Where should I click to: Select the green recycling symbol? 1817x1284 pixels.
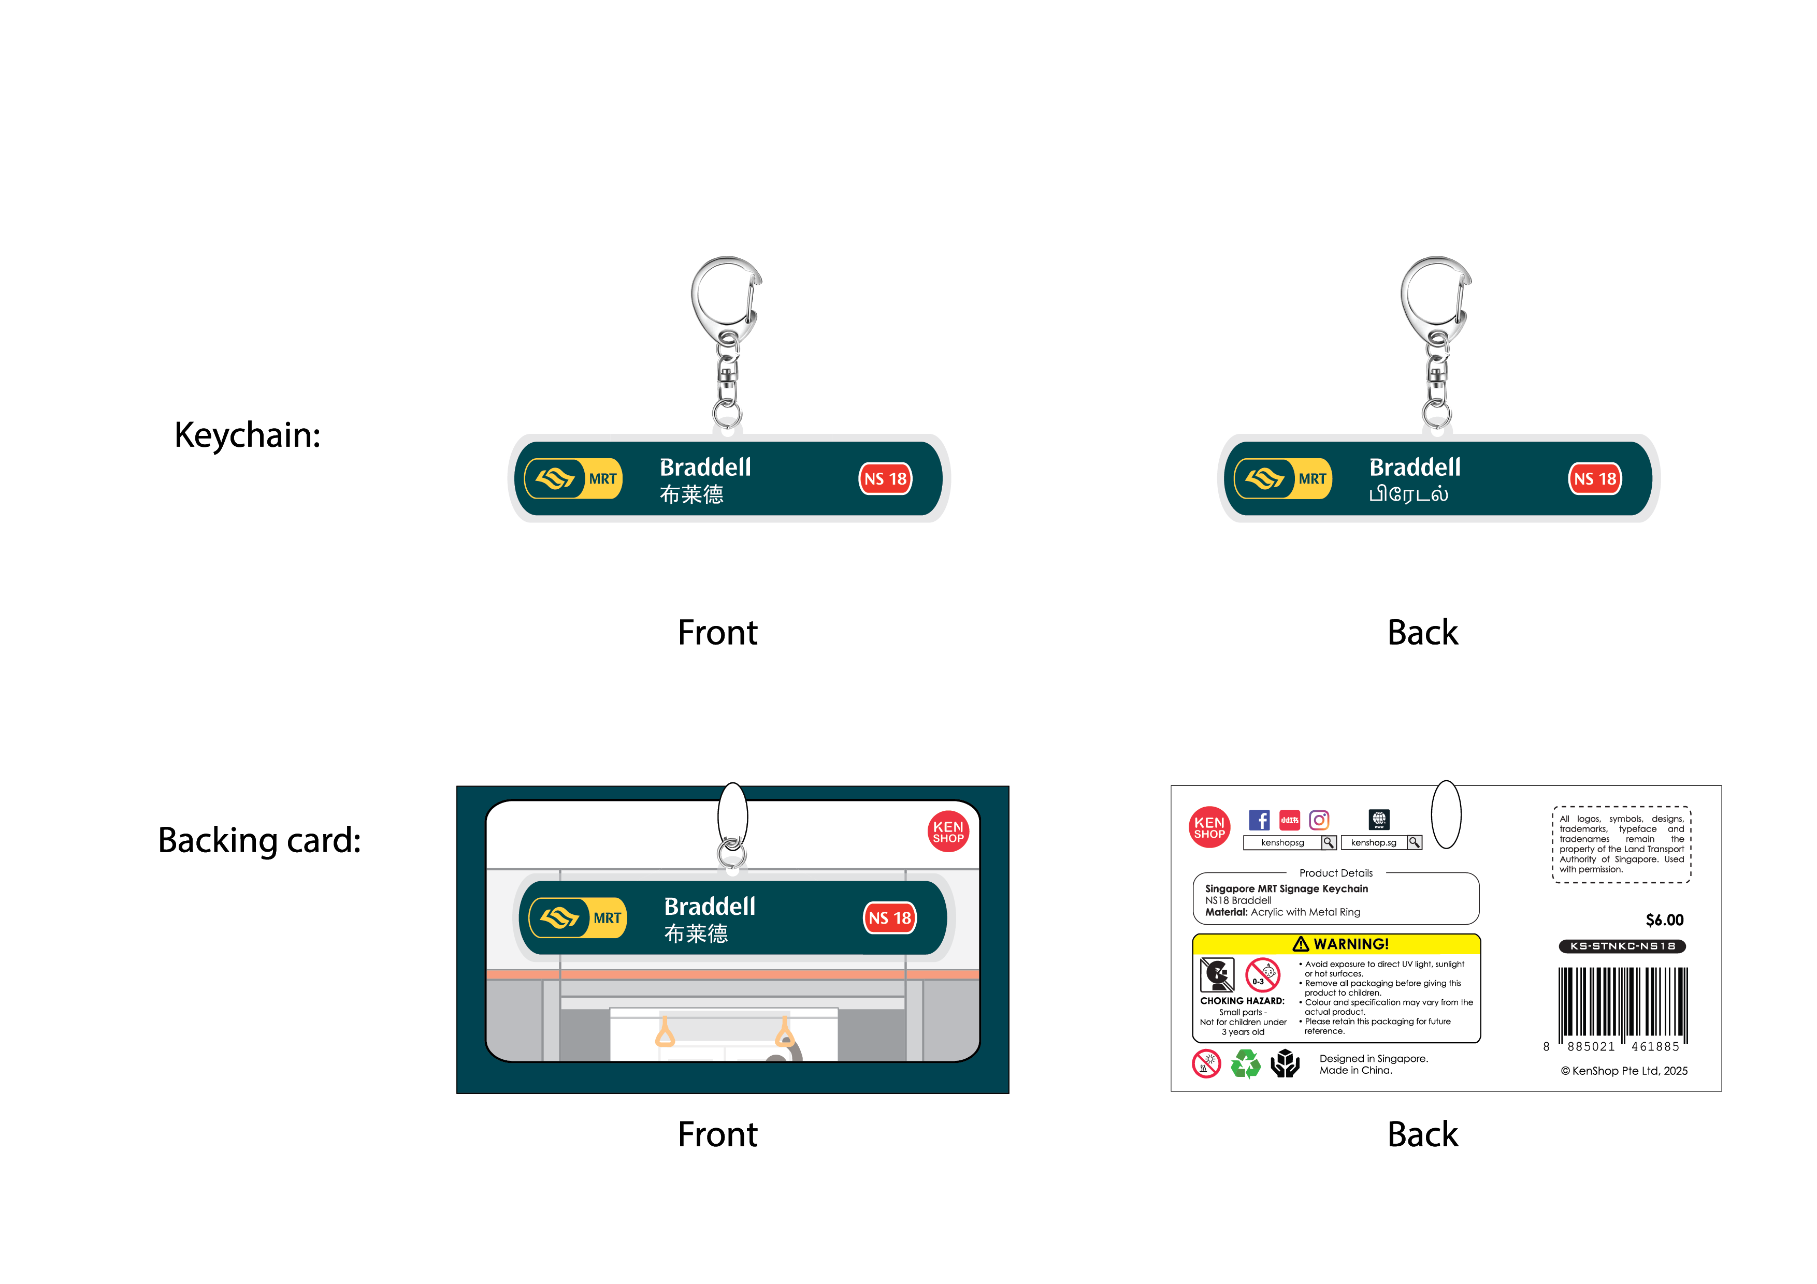(1246, 1064)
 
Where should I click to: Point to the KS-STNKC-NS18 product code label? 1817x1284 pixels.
(1622, 946)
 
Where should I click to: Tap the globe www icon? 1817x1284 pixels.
(1379, 820)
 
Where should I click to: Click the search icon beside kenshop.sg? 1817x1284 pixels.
(1414, 842)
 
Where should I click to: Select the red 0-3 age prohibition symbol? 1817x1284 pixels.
(1263, 975)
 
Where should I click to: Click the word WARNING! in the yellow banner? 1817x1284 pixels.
(1351, 944)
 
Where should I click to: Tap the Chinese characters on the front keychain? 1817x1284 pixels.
(691, 494)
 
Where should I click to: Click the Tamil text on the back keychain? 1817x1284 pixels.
(1409, 494)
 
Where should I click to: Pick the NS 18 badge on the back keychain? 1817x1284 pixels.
(1595, 478)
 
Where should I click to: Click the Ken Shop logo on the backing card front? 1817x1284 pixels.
(948, 831)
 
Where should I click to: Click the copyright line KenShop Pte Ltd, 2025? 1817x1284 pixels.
(1624, 1071)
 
